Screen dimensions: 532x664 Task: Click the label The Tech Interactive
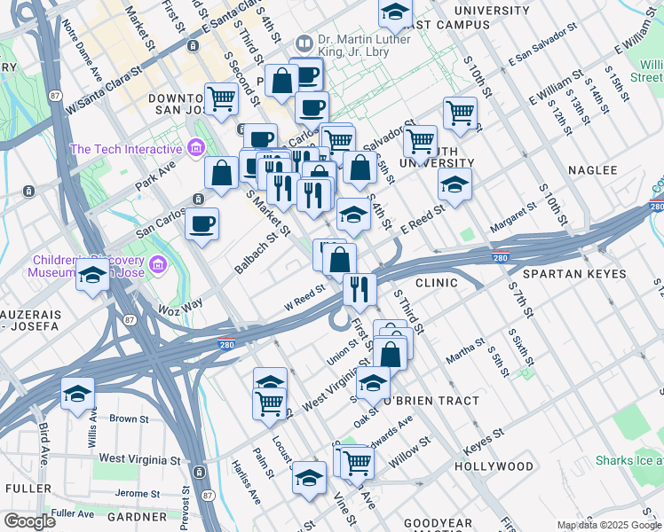point(128,149)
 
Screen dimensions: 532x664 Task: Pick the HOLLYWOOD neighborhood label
point(494,465)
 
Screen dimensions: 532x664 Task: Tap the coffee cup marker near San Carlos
point(202,223)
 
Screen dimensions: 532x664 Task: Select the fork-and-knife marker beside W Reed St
point(360,288)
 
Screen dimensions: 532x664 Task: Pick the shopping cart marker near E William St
point(460,113)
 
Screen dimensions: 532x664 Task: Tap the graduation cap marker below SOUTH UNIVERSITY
point(455,184)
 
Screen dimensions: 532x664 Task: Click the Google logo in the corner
point(29,521)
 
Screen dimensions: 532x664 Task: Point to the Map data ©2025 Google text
point(609,525)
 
